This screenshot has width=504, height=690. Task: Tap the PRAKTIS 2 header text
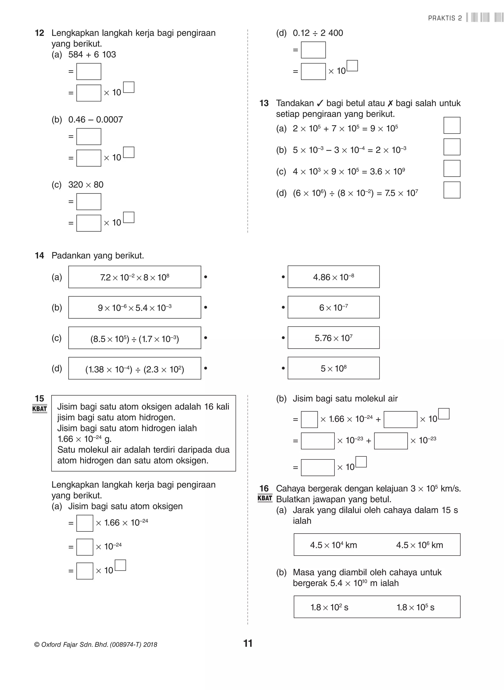pos(445,18)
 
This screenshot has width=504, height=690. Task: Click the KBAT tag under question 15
pos(40,409)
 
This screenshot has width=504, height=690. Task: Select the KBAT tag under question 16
pos(265,498)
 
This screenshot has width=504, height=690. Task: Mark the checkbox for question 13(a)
pos(452,126)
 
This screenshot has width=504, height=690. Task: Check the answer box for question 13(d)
pos(452,190)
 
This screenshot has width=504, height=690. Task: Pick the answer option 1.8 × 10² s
pos(329,607)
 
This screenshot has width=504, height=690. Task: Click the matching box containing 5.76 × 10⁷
pos(333,338)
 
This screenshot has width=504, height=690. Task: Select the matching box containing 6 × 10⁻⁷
pos(333,307)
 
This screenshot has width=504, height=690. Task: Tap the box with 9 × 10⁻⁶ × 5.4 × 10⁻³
pos(135,308)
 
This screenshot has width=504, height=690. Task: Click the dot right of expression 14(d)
pos(206,368)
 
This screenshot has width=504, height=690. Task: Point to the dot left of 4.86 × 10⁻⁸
pos(283,277)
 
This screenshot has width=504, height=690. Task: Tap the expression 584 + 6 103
pos(92,55)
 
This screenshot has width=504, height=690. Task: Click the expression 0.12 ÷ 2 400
pos(318,33)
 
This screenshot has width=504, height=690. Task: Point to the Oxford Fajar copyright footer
pos(96,644)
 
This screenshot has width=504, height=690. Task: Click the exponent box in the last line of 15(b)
pos(361,462)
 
